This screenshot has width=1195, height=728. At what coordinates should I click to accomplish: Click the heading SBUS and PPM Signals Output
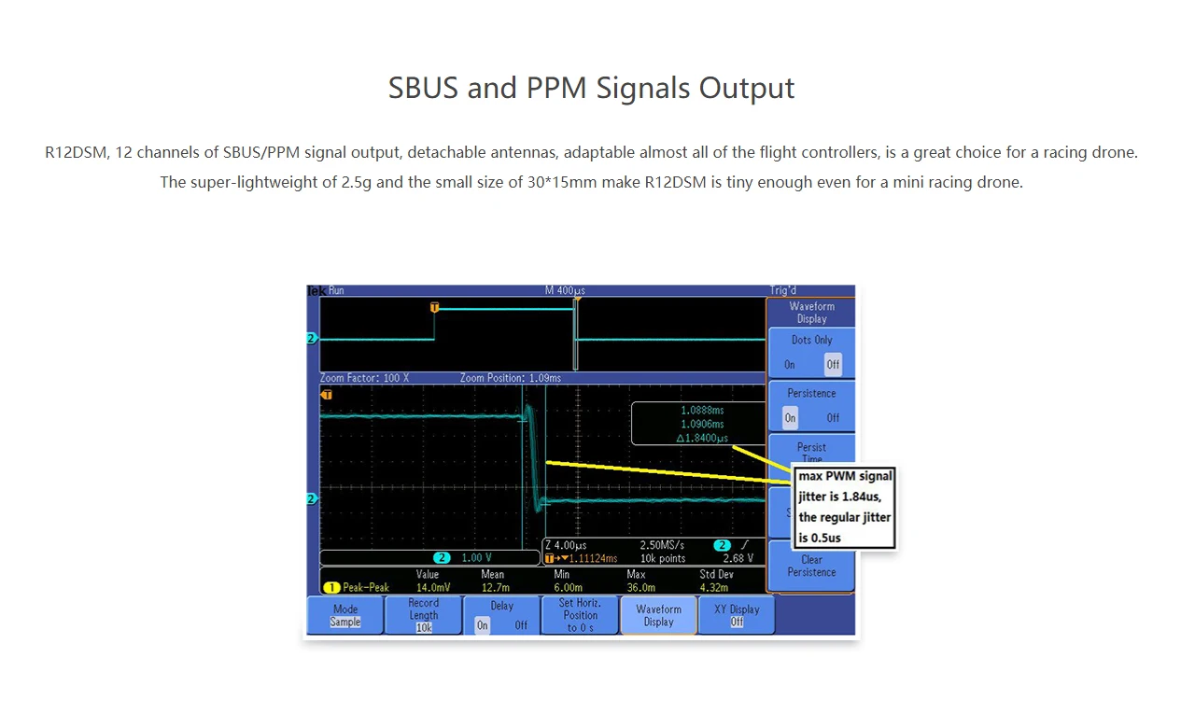pyautogui.click(x=591, y=88)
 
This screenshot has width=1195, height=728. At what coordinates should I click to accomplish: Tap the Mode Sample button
pyautogui.click(x=345, y=615)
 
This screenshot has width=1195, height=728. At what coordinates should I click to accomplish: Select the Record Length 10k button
pyautogui.click(x=424, y=615)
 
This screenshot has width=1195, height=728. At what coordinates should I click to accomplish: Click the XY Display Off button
pyautogui.click(x=737, y=615)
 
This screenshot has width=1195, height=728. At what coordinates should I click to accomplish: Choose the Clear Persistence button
pyautogui.click(x=811, y=566)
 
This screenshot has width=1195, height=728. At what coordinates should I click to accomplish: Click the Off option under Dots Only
pyautogui.click(x=833, y=365)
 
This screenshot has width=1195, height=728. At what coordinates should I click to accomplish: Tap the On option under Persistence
pyautogui.click(x=790, y=417)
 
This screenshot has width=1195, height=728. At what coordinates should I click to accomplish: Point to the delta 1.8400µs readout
pyautogui.click(x=702, y=438)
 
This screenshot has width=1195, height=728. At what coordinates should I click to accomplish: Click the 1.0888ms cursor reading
pyautogui.click(x=702, y=410)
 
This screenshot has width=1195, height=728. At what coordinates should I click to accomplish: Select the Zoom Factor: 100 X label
pyautogui.click(x=364, y=378)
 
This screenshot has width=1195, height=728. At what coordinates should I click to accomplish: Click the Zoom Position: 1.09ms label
pyautogui.click(x=511, y=378)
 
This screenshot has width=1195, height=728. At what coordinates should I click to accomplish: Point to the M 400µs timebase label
pyautogui.click(x=565, y=290)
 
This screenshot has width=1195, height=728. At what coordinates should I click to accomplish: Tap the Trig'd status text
pyautogui.click(x=783, y=290)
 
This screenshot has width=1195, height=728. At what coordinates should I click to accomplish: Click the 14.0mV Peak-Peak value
pyautogui.click(x=433, y=587)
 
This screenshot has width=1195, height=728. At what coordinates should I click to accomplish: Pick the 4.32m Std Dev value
pyautogui.click(x=714, y=587)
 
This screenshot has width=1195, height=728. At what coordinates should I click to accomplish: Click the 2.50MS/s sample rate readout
pyautogui.click(x=662, y=545)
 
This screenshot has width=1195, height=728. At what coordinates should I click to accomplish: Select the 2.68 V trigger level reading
pyautogui.click(x=738, y=558)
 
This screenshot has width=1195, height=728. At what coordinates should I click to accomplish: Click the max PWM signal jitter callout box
pyautogui.click(x=845, y=507)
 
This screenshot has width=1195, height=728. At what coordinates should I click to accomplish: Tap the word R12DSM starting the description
pyautogui.click(x=77, y=152)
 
